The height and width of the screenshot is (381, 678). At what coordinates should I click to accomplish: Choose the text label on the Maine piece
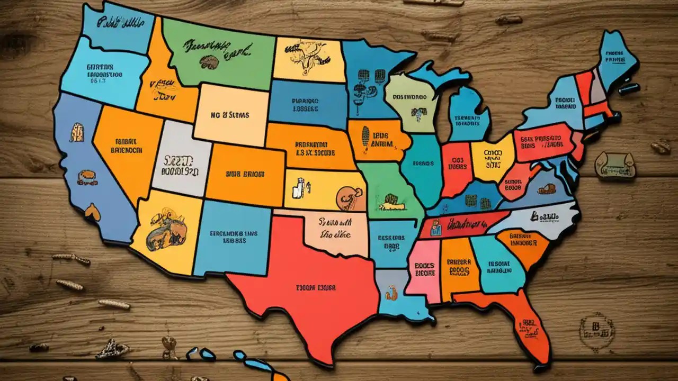614,57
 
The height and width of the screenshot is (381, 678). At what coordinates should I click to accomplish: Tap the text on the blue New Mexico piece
234,236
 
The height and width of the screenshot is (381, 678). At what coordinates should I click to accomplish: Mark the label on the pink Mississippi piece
424,269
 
